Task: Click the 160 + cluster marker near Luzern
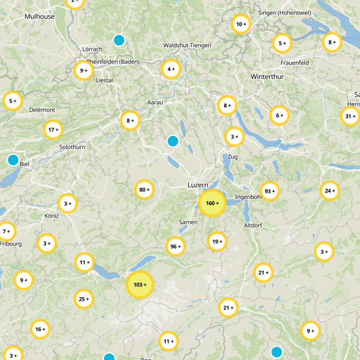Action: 212,203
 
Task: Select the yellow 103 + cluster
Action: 140,285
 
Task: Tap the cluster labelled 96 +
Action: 175,247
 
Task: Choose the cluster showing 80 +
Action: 144,190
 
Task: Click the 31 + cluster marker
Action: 350,117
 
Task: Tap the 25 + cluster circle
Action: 84,299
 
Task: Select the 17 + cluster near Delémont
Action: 54,130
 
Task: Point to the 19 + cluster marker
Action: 217,242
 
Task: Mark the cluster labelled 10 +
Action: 241,24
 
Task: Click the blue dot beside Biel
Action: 13,160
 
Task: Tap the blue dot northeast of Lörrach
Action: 119,40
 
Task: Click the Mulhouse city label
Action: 40,17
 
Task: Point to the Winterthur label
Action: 267,77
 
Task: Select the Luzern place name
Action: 198,185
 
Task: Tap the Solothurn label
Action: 72,147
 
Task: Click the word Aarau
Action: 155,103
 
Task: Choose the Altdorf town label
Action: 252,225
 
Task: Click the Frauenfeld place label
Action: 294,63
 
